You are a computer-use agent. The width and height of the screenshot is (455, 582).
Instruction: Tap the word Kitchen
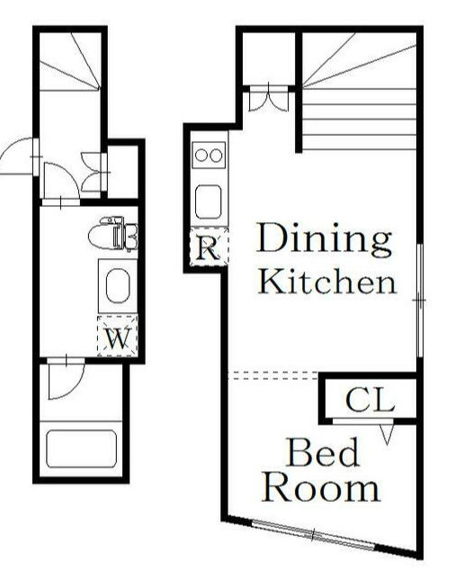[x=327, y=281]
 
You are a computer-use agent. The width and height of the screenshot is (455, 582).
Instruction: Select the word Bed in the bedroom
[x=323, y=452]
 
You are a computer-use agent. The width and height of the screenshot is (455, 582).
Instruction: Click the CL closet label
[x=370, y=400]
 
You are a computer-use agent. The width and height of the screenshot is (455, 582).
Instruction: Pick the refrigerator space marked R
[x=209, y=246]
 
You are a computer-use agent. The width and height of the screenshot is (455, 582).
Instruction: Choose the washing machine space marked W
[x=118, y=336]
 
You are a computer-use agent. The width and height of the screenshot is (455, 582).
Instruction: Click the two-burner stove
[x=209, y=155]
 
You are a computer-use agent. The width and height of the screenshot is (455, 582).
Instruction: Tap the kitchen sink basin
[x=209, y=201]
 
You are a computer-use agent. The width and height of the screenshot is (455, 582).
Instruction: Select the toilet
[x=113, y=235]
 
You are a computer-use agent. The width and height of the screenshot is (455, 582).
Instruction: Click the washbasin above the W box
[x=118, y=286]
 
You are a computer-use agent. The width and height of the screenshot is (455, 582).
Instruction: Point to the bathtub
[x=81, y=449]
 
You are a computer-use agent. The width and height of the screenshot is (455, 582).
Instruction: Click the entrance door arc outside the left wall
[x=11, y=147]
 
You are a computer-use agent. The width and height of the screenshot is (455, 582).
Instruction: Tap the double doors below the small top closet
[x=268, y=97]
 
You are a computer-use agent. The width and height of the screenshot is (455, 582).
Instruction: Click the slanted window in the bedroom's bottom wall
[x=313, y=535]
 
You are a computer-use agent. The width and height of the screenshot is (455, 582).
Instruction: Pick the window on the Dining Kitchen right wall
[x=420, y=300]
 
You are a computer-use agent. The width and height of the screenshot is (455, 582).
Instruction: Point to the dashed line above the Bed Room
[x=273, y=375]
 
